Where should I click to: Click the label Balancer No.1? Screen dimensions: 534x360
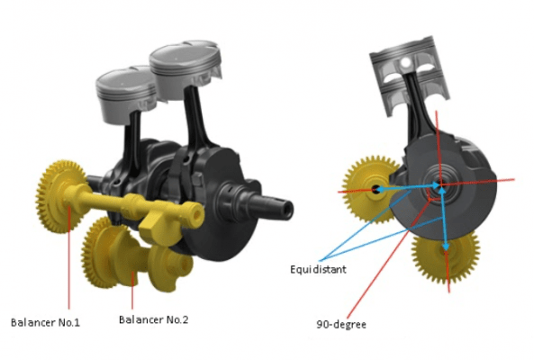(45, 322)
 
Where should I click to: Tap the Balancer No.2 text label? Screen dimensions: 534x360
(154, 319)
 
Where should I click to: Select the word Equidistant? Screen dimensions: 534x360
(318, 269)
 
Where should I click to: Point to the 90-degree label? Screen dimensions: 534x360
(341, 324)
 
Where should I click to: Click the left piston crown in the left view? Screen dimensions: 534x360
(126, 82)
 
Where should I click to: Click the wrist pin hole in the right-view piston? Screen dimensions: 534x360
(405, 62)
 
